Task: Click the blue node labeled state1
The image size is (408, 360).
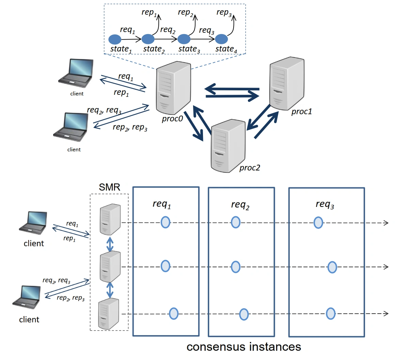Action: [115, 40]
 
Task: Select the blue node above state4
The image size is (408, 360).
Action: [221, 39]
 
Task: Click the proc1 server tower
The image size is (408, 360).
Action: [286, 84]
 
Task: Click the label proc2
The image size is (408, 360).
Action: [250, 168]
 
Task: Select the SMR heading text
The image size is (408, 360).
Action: [109, 187]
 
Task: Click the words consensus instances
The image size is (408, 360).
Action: [244, 347]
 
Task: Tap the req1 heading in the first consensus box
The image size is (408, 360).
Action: [162, 204]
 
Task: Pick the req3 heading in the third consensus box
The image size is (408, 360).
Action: [325, 204]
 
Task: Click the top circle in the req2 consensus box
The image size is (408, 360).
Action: [235, 222]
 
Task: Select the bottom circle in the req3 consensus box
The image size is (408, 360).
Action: [330, 313]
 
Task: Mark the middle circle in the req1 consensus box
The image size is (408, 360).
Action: [165, 266]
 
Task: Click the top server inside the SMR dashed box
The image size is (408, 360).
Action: [110, 219]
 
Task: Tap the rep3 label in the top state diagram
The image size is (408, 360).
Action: [224, 13]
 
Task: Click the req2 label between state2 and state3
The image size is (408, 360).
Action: [168, 30]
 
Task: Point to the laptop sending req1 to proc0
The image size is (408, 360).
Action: [76, 73]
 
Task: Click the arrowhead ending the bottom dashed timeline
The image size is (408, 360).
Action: [386, 314]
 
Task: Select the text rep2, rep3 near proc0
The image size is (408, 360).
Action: [130, 127]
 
